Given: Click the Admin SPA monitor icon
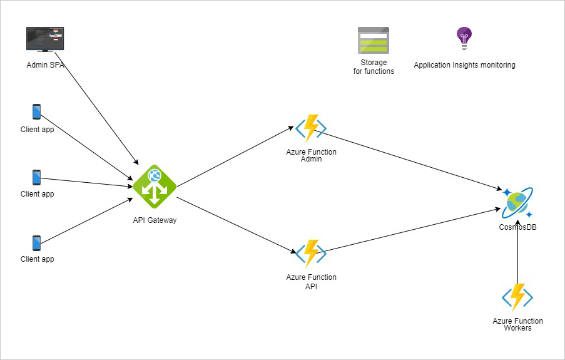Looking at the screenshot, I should click(x=45, y=39).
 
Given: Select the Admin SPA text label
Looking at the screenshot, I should click(x=45, y=64).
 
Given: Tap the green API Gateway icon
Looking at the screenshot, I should click(x=155, y=187).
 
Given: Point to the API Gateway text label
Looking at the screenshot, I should click(x=155, y=220).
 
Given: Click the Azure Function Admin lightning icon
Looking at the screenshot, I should click(x=311, y=128).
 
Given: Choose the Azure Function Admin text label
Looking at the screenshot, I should click(x=311, y=156).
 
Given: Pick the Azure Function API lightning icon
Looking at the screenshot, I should click(x=311, y=254).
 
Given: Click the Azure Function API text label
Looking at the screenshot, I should click(x=311, y=281).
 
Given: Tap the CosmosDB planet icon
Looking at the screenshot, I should click(x=517, y=202).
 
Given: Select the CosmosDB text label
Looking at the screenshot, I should click(x=517, y=227).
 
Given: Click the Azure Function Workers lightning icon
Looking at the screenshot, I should click(x=517, y=297).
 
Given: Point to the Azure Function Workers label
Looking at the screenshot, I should click(x=517, y=324).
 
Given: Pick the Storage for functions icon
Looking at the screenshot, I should click(x=374, y=40).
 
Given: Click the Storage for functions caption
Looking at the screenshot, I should click(x=374, y=67).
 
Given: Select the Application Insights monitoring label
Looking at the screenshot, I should click(x=464, y=65).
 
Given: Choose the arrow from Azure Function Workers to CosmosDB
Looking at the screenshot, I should click(x=518, y=250).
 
